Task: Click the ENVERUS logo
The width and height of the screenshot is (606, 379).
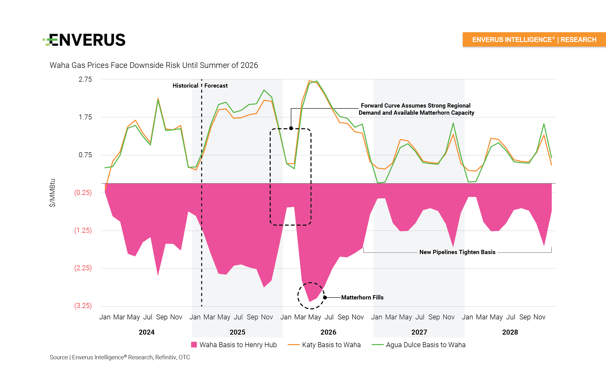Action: coord(84,40)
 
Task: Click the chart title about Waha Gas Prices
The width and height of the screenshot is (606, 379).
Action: coord(154,65)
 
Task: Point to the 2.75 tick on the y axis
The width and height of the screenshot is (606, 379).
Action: coord(85,80)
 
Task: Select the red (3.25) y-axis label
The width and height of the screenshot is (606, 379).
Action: coord(83,306)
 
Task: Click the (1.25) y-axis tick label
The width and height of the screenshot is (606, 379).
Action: coord(83,230)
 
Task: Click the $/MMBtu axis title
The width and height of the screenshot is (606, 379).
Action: coord(52,193)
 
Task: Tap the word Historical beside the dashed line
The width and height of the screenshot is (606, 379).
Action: coord(185,86)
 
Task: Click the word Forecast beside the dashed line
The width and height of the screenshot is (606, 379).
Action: coord(216,86)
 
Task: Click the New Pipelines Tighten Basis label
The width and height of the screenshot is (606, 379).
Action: coord(457,252)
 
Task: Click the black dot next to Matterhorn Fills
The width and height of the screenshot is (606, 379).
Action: coord(325,298)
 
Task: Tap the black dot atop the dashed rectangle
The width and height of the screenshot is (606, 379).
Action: coord(291,128)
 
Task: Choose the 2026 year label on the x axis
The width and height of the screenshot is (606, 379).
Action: coord(328,332)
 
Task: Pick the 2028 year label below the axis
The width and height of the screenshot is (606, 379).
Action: coord(510,332)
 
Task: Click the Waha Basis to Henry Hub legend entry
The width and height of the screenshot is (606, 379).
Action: coord(234,345)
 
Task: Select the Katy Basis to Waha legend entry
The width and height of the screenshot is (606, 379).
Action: coord(324,345)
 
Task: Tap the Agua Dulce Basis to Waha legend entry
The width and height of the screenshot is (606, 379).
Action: coord(418,345)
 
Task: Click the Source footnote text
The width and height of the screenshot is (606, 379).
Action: coord(120,357)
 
